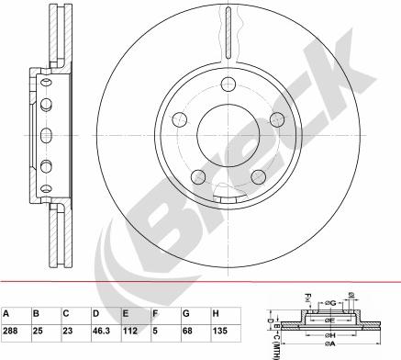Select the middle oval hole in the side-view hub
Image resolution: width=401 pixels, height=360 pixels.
(44, 123)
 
